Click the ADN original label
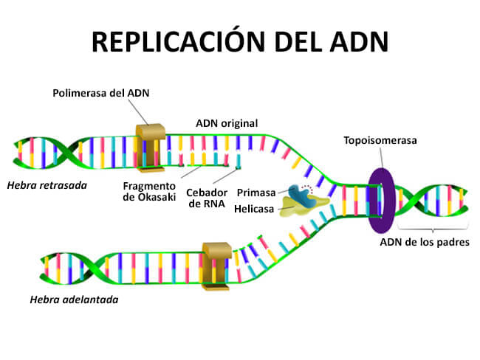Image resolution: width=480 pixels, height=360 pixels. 226,122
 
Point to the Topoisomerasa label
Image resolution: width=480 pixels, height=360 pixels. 379,140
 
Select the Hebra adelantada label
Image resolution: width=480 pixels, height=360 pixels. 74,300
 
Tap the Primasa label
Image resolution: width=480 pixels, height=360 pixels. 256,193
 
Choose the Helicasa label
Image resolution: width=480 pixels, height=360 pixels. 254,209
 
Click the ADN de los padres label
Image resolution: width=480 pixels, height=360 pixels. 425,241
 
